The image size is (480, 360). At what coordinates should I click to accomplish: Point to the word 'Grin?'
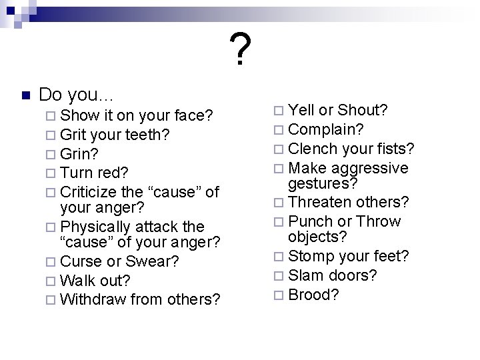pos(79,155)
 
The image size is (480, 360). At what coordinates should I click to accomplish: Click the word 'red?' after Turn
pos(115,174)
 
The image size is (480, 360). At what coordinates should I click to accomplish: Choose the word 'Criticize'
pos(90,193)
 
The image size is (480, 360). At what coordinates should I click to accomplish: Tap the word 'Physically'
pos(97,227)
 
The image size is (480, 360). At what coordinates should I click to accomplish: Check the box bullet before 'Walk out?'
pos(52,281)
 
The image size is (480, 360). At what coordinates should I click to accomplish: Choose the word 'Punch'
pos(311,221)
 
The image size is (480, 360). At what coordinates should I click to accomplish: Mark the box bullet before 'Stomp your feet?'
pos(279,257)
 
